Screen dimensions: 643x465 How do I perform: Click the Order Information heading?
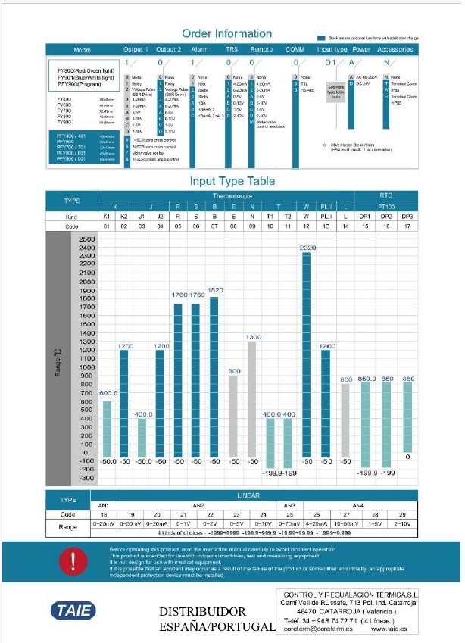click(x=227, y=33)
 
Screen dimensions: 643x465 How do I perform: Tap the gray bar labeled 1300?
click(x=252, y=401)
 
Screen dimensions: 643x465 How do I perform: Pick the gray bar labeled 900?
click(x=233, y=417)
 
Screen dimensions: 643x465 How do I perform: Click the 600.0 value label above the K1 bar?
click(x=108, y=393)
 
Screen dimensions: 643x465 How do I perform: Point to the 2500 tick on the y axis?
click(x=86, y=239)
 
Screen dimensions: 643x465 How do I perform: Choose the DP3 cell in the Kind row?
click(x=407, y=217)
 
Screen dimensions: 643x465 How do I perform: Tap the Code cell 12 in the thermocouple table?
click(x=307, y=226)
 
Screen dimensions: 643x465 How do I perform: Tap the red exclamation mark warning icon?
click(x=73, y=560)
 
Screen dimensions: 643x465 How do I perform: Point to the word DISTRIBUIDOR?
click(x=202, y=611)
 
